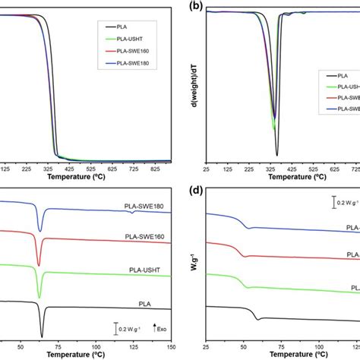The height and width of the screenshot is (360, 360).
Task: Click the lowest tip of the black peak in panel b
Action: coord(276,154)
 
